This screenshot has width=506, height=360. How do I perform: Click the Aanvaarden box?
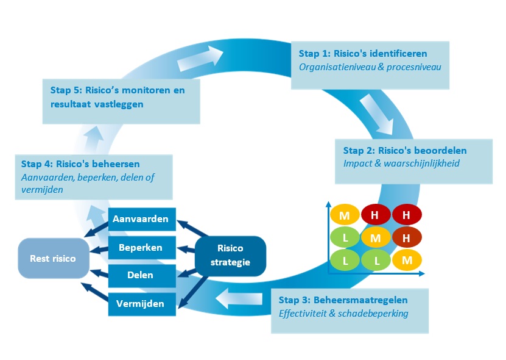[x=141, y=219]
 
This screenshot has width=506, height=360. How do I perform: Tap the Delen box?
[x=141, y=275]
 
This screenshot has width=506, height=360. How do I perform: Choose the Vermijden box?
[x=141, y=303]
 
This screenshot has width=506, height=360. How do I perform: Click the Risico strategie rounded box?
[x=230, y=256]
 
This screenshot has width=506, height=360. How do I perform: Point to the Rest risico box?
[x=54, y=259]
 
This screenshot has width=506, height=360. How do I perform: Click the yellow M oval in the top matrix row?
[x=345, y=214]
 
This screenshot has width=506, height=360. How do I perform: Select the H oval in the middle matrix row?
[x=407, y=237]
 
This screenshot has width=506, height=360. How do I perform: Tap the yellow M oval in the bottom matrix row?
[x=407, y=261]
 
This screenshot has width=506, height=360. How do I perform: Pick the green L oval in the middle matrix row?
[x=345, y=237]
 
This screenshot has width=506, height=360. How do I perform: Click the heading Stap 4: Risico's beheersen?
[x=80, y=164]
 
